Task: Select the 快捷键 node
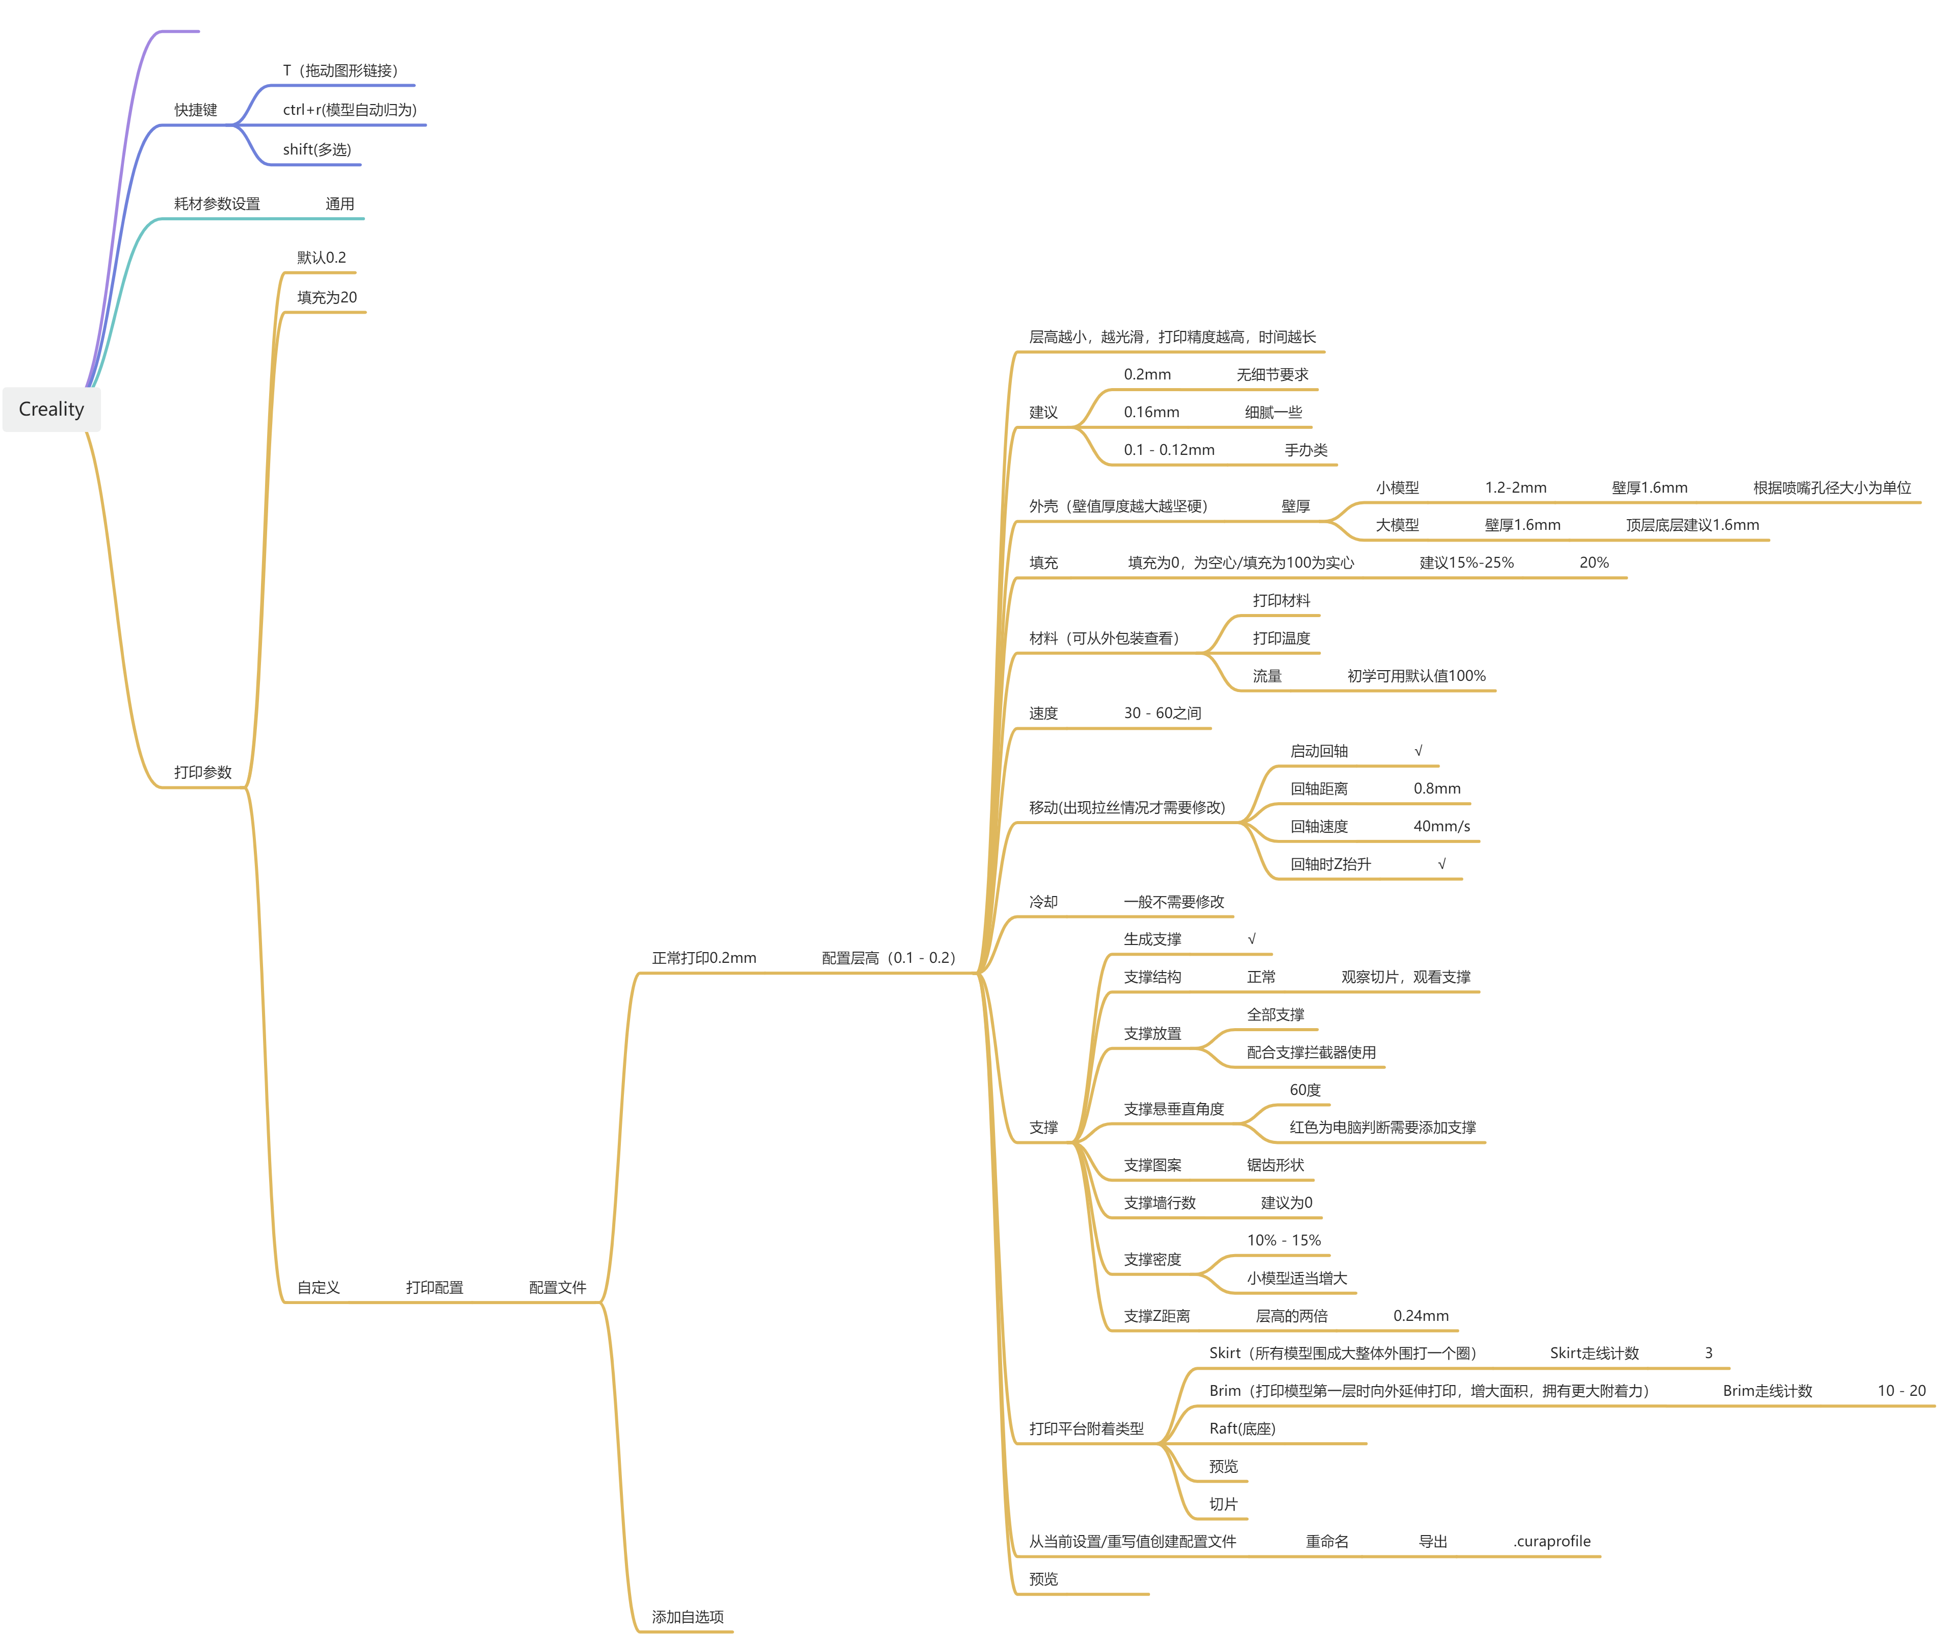[195, 110]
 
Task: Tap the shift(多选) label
[317, 149]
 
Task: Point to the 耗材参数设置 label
[217, 204]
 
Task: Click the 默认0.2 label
[321, 258]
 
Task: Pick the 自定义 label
[319, 1288]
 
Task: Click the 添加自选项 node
[687, 1616]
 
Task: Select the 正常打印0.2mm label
[703, 958]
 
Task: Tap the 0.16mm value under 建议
[1151, 412]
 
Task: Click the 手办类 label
[1305, 450]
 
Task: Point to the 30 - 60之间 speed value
[1162, 713]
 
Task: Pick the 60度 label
[1304, 1090]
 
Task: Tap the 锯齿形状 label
[1275, 1165]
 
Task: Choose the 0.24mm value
[1420, 1316]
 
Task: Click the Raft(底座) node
[1242, 1428]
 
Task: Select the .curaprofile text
[1552, 1541]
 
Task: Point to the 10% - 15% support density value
[1284, 1240]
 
